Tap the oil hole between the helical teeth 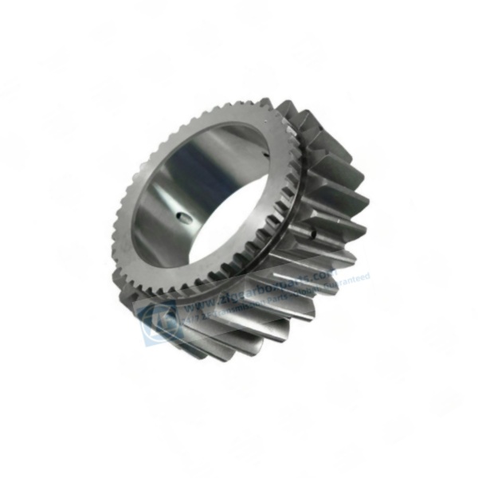tap(316, 233)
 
